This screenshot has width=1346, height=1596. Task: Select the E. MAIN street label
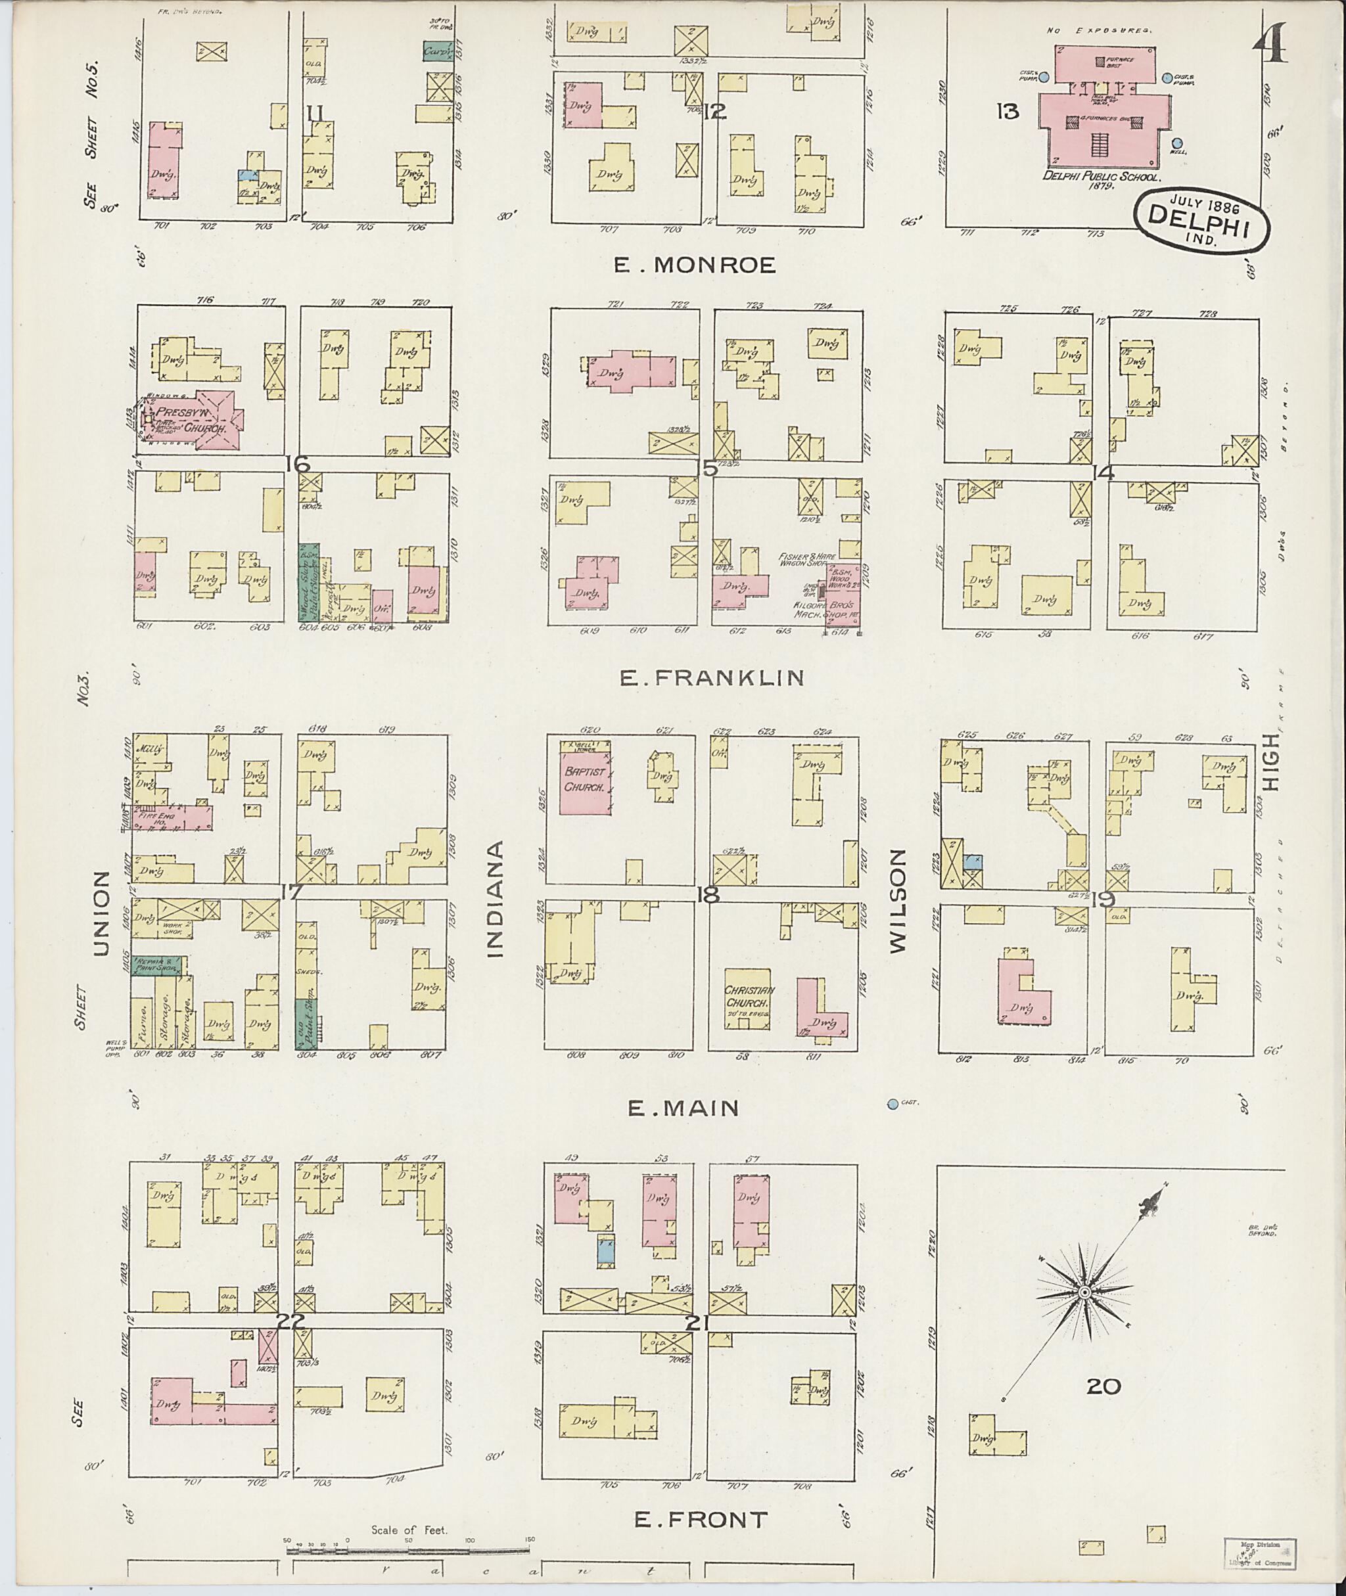683,1107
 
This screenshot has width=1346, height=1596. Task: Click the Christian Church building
749,1000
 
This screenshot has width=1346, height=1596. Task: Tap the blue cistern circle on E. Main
892,1103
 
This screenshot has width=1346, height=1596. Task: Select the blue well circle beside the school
1176,143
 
